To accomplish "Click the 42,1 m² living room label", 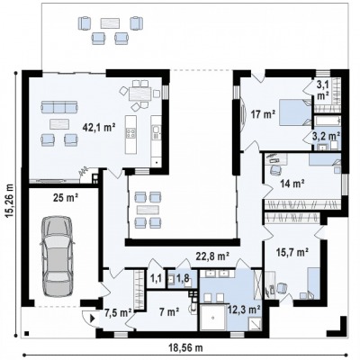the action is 99,128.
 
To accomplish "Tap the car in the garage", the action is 57,256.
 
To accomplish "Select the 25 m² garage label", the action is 66,198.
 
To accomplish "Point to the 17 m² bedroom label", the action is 263,114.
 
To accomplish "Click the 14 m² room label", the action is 292,183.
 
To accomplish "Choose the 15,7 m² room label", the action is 292,253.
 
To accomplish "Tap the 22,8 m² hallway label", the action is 212,256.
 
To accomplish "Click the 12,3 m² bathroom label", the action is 244,309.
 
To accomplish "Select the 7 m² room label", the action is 169,312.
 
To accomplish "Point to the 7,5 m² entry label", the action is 118,313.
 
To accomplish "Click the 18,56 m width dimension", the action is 185,348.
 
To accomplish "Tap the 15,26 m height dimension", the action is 10,200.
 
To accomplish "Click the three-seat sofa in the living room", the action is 59,107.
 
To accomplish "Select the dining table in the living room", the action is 140,94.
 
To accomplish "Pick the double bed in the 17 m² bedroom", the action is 296,112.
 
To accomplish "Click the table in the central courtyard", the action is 148,210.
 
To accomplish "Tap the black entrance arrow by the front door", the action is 93,318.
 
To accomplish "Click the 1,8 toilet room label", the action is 183,278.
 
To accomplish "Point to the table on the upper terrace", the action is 110,23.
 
